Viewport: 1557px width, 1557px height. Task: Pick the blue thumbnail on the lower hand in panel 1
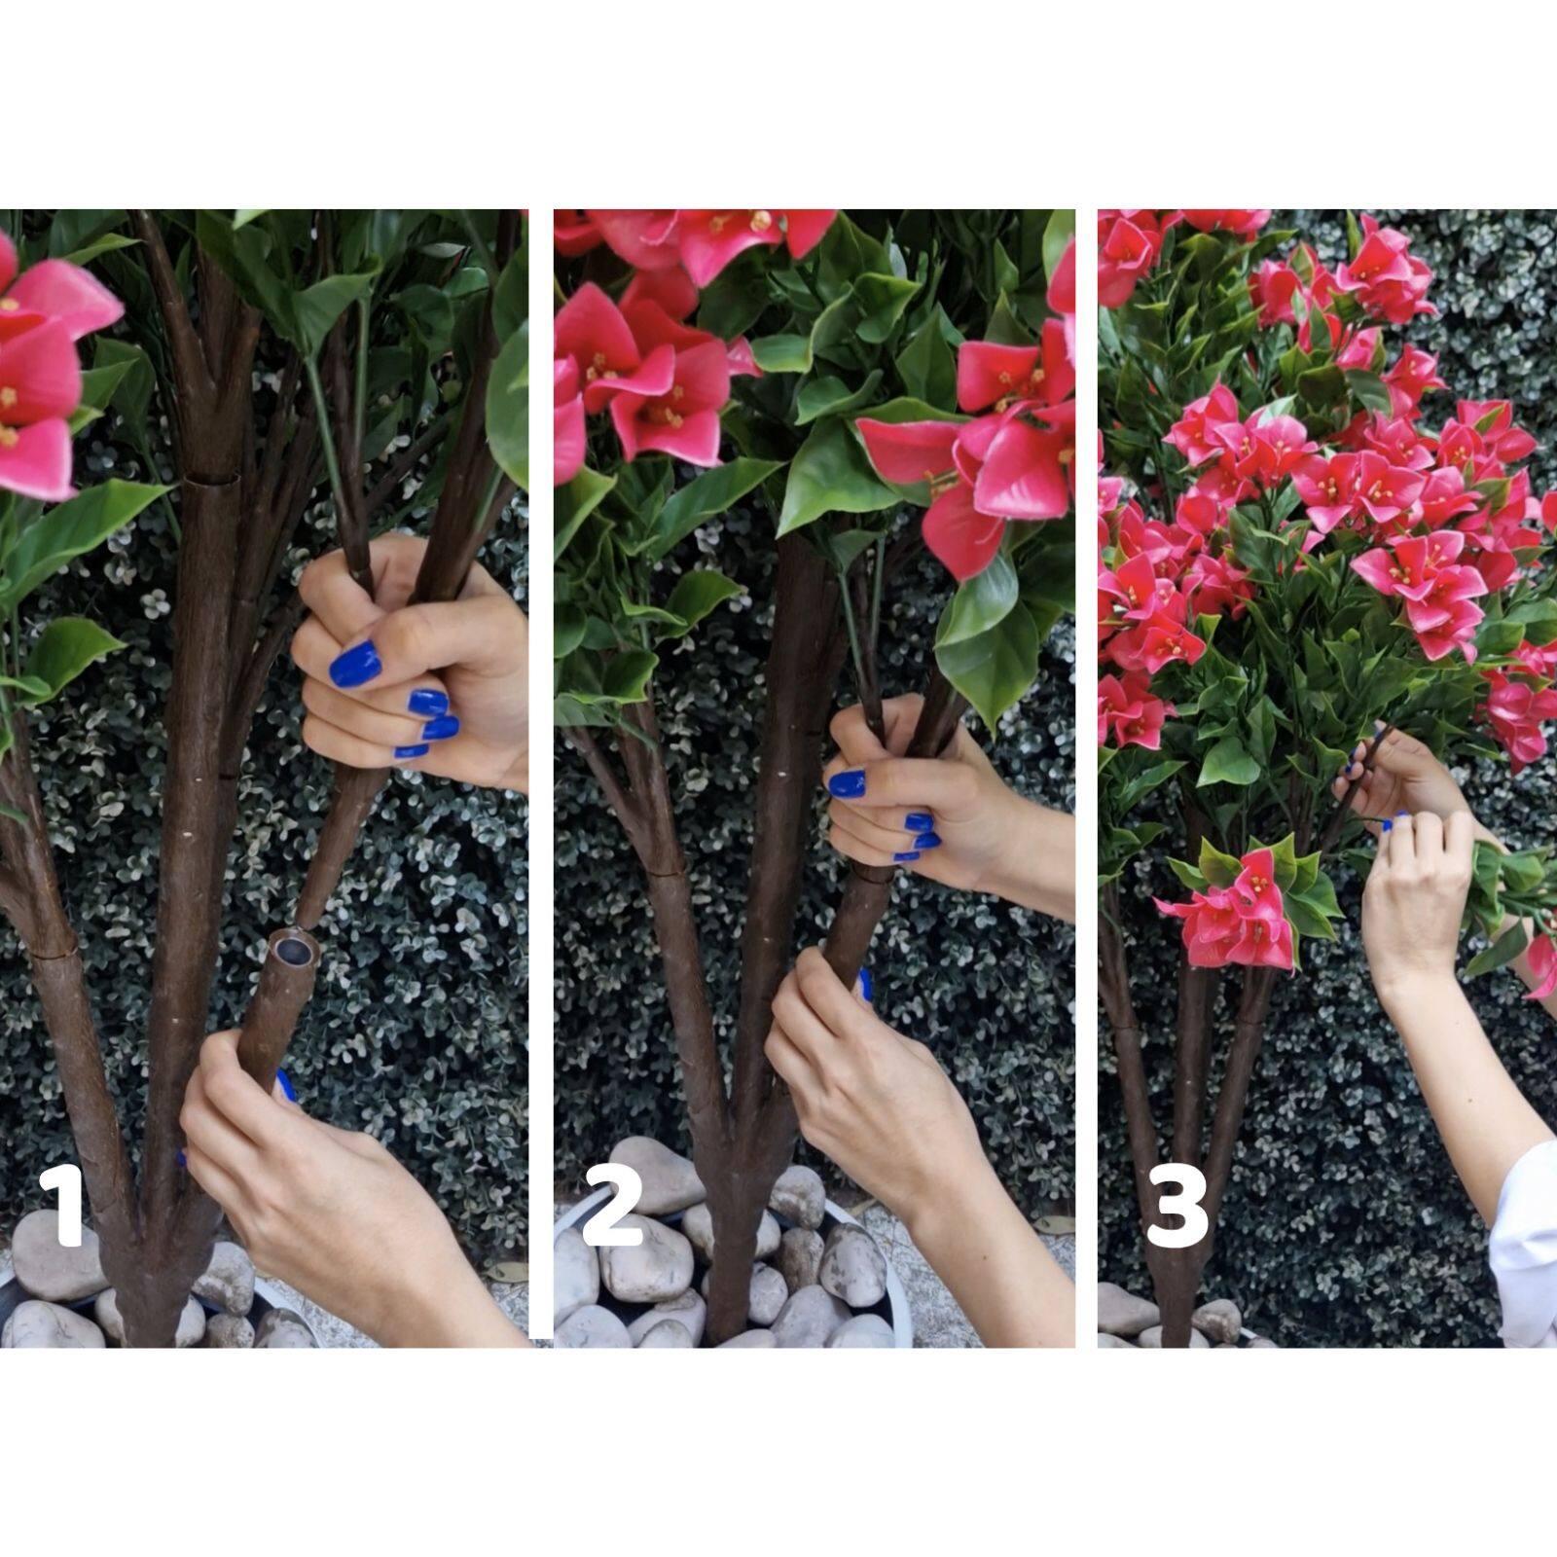tap(284, 1084)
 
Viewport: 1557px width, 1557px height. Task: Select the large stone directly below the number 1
tap(49, 1261)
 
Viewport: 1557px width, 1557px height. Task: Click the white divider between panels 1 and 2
tap(541, 778)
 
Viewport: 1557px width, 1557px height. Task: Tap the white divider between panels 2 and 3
tap(1086, 778)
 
